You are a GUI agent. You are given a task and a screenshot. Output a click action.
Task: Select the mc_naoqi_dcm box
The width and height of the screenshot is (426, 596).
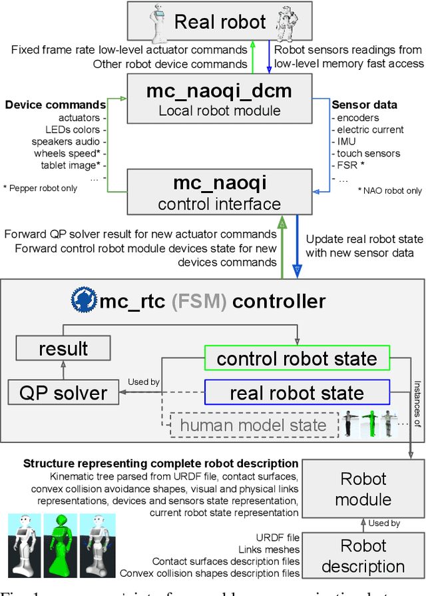[x=219, y=99]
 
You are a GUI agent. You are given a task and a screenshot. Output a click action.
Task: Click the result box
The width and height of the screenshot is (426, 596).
[x=63, y=348]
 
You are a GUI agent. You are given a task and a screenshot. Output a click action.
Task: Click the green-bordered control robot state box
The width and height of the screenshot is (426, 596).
[x=297, y=359]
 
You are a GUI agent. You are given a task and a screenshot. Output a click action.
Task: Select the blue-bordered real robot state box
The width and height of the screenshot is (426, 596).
[x=297, y=392]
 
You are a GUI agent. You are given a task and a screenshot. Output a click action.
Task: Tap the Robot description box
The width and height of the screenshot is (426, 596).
[x=363, y=556]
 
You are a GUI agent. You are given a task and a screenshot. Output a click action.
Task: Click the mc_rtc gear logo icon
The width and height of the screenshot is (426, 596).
[x=83, y=301]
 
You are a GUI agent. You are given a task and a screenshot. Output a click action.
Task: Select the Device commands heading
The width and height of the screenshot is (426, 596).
[x=55, y=105]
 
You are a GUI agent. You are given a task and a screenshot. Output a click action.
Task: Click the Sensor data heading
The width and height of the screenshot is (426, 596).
[x=364, y=105]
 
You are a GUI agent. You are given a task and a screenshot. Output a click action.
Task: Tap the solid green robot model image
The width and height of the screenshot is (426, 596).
[x=64, y=546]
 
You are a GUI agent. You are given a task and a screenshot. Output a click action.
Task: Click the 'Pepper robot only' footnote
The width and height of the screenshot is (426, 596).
[x=40, y=188]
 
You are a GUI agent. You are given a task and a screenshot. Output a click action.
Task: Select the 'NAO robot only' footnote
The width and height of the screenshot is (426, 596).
[x=389, y=190]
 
